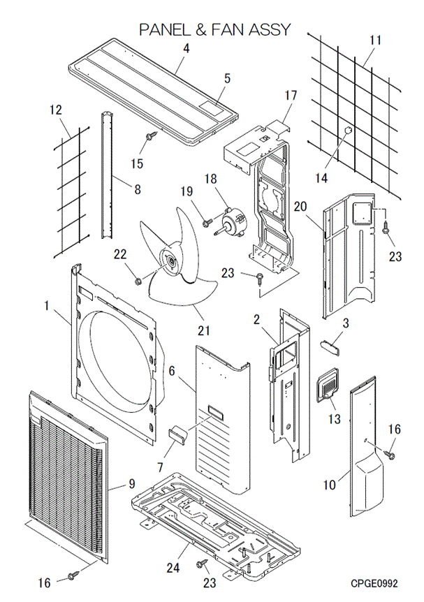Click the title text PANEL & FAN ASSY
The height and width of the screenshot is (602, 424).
pyautogui.click(x=214, y=30)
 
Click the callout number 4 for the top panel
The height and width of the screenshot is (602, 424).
pyautogui.click(x=187, y=48)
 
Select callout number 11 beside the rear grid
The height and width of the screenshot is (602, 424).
pyautogui.click(x=376, y=41)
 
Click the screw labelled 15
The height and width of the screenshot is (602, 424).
pyautogui.click(x=149, y=136)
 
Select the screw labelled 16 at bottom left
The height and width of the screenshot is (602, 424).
pyautogui.click(x=73, y=576)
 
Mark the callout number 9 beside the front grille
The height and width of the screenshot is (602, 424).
pyautogui.click(x=130, y=483)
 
